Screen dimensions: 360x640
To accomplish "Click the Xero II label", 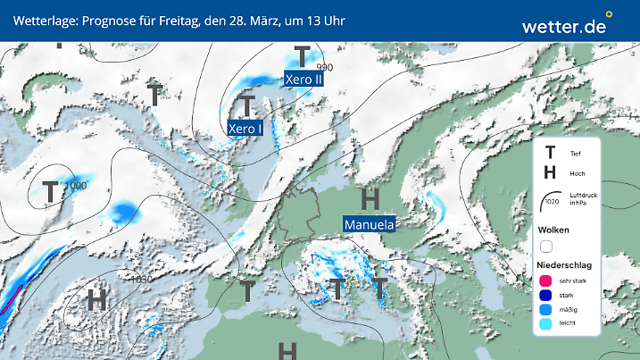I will tap(303, 80).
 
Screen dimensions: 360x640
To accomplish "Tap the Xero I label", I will tap(245, 129).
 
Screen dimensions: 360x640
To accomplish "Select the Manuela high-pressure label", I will tap(369, 224).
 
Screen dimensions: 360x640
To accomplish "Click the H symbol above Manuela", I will tap(370, 199).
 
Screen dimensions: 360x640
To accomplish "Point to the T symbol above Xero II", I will tap(303, 58).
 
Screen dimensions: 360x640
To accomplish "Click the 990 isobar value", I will tap(324, 68).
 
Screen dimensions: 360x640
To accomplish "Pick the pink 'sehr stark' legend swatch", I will tap(545, 280).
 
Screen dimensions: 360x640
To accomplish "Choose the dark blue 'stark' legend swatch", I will tap(545, 296).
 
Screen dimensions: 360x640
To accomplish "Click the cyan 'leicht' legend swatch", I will tap(545, 326).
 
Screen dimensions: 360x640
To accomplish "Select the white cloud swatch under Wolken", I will tap(546, 246).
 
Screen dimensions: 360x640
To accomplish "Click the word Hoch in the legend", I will tap(577, 173).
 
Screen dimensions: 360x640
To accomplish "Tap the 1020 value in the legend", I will tap(553, 203).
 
